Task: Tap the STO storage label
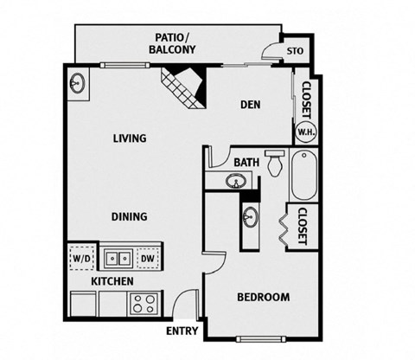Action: [295, 50]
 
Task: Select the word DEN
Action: [250, 106]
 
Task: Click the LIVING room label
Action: [129, 138]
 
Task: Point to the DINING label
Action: [128, 217]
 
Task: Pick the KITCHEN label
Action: [112, 282]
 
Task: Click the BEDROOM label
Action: [263, 298]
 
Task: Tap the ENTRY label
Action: [182, 331]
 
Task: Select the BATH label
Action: [246, 162]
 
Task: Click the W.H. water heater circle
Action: [305, 132]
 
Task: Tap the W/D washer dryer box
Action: [81, 257]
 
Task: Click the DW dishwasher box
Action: [147, 257]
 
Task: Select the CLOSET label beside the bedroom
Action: [303, 227]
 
